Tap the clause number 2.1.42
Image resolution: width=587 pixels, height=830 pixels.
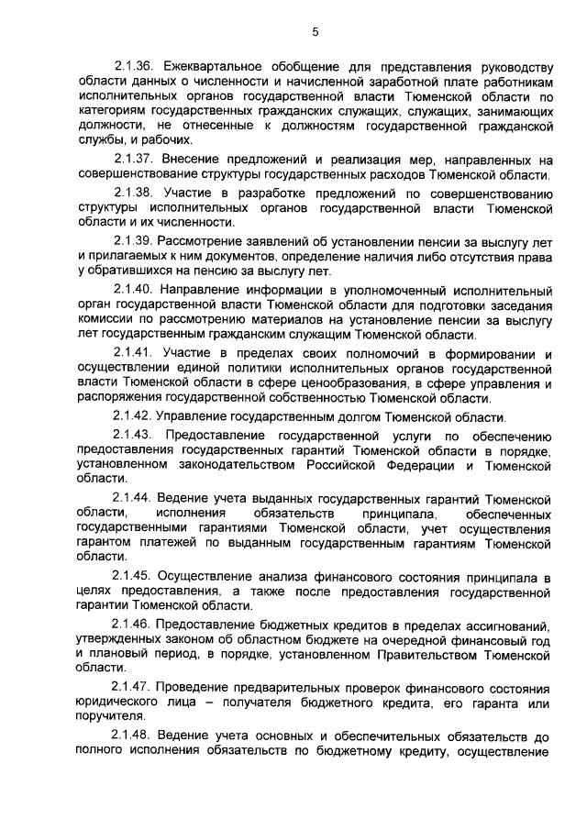pos(133,416)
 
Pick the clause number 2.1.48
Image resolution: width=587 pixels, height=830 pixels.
pos(133,736)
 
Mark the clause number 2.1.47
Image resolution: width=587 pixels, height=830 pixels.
pos(133,688)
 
